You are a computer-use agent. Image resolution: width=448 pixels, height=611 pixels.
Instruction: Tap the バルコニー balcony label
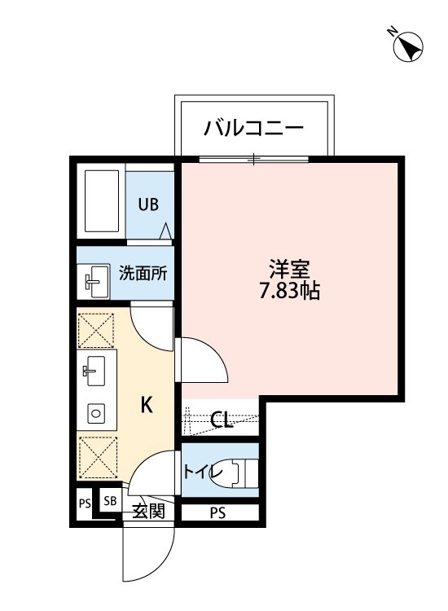tap(253, 128)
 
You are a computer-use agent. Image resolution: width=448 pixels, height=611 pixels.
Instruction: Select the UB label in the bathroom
tap(148, 204)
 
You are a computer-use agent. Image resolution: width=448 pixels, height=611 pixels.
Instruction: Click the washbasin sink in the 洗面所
tap(96, 281)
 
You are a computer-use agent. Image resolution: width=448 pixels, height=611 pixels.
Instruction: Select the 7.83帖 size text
tap(290, 291)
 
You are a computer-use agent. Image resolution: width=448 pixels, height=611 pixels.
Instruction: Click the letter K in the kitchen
tap(147, 404)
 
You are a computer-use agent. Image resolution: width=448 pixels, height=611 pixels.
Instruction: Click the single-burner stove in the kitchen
tap(96, 413)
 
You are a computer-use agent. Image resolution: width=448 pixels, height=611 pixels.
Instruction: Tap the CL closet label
tap(222, 420)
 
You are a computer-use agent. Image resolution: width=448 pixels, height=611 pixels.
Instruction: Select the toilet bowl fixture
tap(240, 472)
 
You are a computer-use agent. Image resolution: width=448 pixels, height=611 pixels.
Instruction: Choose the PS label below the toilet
tap(217, 512)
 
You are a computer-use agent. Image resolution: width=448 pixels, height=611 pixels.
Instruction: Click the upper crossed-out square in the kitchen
tap(97, 329)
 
